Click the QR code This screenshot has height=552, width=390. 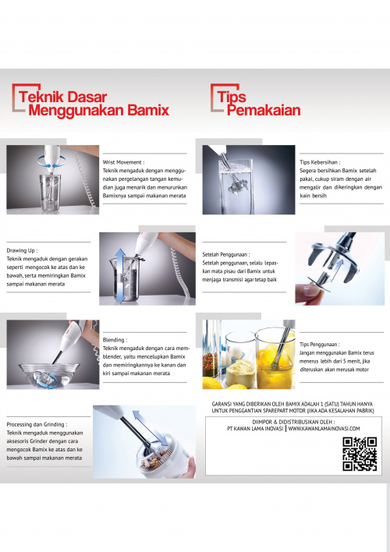tap(360, 454)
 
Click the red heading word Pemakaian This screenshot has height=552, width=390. tap(264, 110)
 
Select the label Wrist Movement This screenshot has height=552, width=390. tap(122, 162)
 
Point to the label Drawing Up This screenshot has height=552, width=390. tap(21, 250)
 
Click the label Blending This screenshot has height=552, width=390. tap(114, 340)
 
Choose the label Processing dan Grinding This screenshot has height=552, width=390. tap(36, 425)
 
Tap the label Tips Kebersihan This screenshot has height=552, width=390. tap(319, 162)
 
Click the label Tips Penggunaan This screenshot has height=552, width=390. tap(318, 345)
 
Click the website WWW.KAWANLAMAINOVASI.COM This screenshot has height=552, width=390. tap(324, 429)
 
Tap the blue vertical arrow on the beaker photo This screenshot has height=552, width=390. tap(120, 276)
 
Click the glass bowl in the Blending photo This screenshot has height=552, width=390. tap(49, 375)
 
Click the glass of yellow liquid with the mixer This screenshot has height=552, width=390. tap(275, 359)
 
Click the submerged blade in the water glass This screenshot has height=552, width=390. tap(237, 186)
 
